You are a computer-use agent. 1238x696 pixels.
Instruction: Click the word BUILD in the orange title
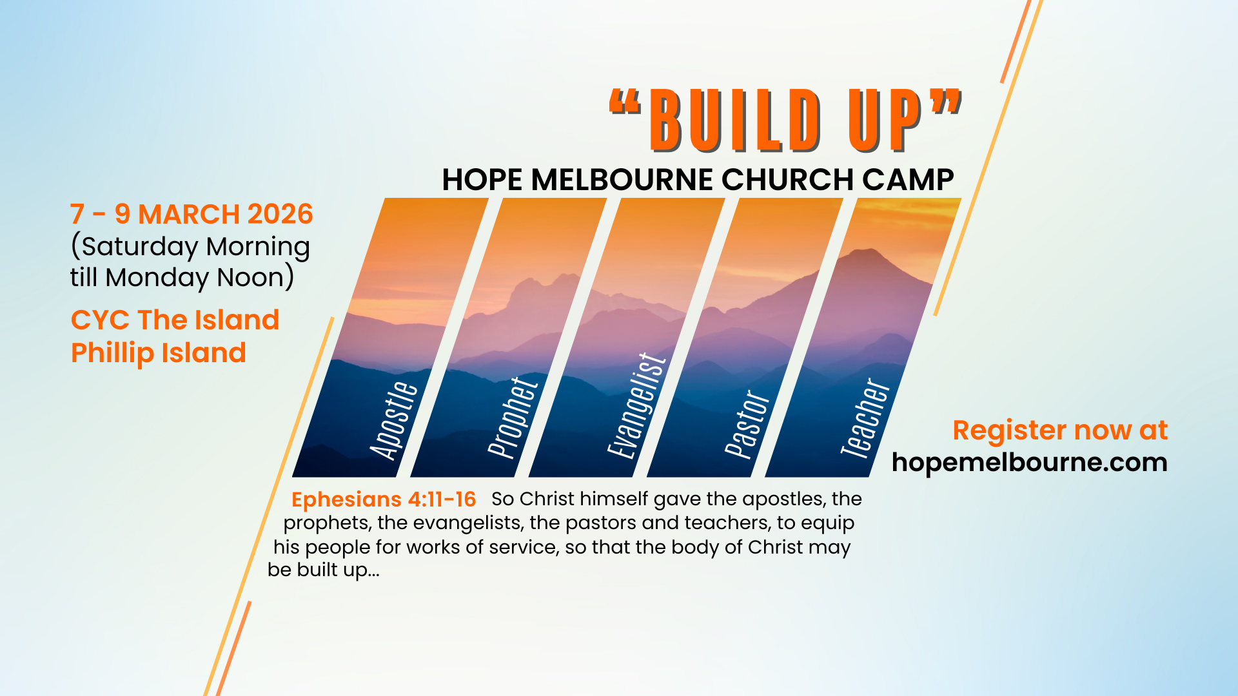[735, 121]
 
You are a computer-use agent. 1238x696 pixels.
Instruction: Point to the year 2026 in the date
[280, 215]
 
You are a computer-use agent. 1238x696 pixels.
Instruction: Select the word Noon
[251, 278]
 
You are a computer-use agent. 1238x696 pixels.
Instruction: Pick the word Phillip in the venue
[112, 354]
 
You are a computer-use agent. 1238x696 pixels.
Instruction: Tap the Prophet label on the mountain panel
[513, 417]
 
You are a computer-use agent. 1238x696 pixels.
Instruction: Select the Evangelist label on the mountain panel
[637, 406]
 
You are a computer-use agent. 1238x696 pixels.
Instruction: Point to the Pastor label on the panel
[747, 424]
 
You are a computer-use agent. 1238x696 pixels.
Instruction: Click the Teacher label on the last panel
[865, 418]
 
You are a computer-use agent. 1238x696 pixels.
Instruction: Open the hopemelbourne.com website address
[1030, 462]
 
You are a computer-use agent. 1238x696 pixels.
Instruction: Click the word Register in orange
[1010, 431]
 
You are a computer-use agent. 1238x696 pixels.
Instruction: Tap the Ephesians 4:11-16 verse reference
[384, 499]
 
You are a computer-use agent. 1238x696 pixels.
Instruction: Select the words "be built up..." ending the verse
[324, 570]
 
